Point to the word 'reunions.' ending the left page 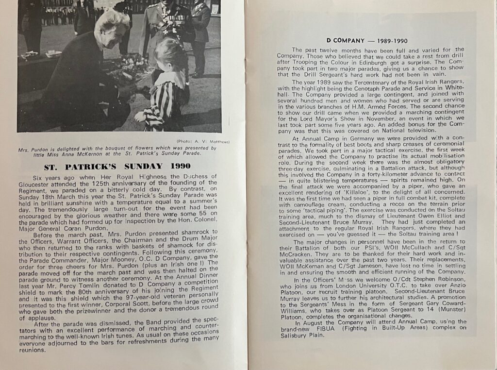[30, 350]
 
